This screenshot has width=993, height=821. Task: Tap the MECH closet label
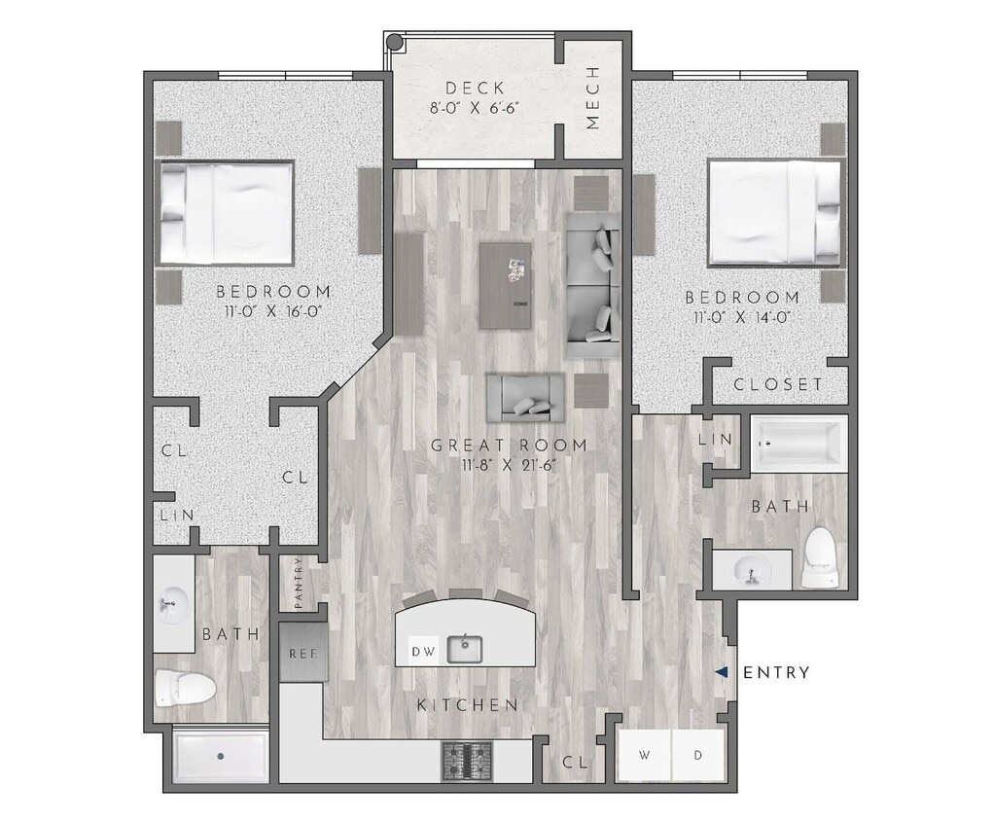tap(592, 97)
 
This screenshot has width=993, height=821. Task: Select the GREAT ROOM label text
tap(509, 446)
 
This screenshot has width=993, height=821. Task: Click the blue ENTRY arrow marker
tap(721, 672)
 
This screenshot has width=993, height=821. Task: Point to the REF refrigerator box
tap(297, 652)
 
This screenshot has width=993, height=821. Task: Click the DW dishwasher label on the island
tap(421, 651)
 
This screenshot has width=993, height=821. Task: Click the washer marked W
tap(644, 755)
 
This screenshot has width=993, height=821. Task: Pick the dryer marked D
tap(698, 755)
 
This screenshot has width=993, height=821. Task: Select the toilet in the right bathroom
tap(819, 559)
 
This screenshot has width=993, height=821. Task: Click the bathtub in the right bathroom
tap(798, 443)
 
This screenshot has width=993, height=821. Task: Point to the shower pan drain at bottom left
tap(221, 755)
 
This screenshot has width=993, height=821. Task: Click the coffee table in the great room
tap(506, 284)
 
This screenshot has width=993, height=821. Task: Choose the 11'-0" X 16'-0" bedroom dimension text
tap(272, 311)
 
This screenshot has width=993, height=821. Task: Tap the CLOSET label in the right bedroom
tap(777, 384)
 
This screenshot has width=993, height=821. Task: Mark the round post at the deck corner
tap(394, 42)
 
